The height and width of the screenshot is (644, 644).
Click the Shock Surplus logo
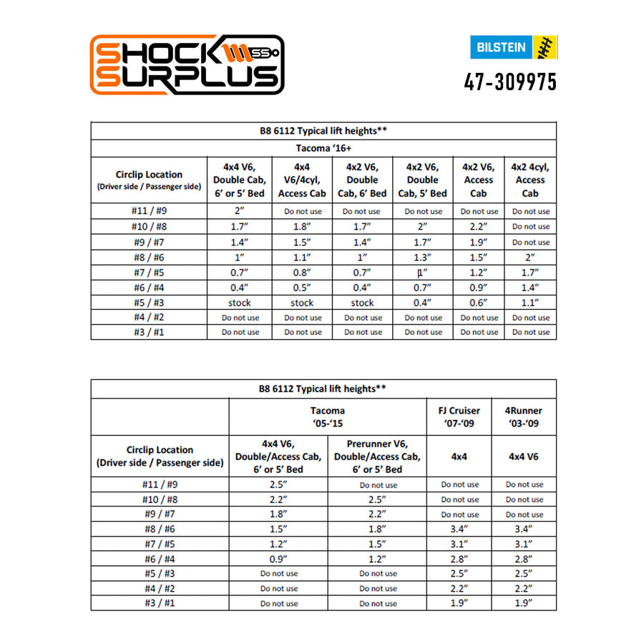187,64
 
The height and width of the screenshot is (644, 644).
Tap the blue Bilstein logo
513,48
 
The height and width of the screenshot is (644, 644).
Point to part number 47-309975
510,82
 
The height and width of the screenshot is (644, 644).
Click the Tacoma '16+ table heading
323,148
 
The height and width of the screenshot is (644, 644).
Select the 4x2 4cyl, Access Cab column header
530,180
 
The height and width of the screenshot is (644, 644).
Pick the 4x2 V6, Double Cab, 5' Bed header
422,180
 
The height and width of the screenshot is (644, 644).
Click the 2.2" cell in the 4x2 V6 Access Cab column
479,227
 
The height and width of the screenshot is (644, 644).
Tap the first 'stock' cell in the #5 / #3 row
240,303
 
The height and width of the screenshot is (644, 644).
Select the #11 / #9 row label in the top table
149,211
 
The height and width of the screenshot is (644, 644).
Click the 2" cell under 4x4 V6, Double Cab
240,211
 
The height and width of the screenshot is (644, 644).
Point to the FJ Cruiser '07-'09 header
459,416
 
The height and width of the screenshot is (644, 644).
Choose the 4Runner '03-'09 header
524,416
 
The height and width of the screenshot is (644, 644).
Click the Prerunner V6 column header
377,457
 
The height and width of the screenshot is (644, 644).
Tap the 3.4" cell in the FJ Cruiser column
459,529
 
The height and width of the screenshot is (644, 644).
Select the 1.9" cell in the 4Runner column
524,603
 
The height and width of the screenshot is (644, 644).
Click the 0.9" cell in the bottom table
278,559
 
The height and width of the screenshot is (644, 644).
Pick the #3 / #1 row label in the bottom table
160,603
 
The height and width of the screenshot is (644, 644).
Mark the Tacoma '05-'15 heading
328,416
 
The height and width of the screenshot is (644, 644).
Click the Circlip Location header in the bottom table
160,457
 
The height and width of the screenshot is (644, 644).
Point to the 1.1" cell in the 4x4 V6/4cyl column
302,257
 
